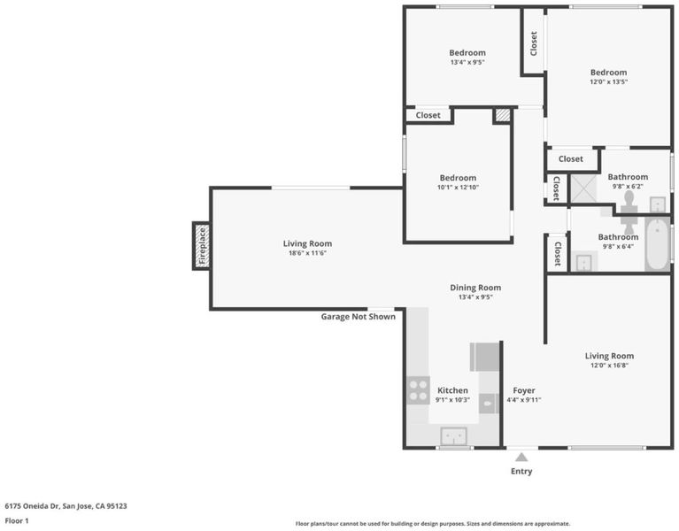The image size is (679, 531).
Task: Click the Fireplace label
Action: point(202,246)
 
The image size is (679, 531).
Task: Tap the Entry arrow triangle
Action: point(521,457)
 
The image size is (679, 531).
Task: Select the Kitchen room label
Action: point(452,390)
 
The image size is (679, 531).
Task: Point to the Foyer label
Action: point(524,390)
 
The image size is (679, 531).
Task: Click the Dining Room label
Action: point(475,288)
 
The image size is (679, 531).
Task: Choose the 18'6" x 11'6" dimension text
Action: point(307,253)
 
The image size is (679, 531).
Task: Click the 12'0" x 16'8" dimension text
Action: point(609,366)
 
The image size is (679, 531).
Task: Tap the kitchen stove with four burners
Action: point(419,390)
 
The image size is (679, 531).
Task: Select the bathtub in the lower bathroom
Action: point(658,244)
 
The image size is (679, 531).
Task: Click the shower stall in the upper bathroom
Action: point(583,189)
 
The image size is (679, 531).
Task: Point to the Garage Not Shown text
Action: point(359,316)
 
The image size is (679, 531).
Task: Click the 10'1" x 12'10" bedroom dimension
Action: point(459,188)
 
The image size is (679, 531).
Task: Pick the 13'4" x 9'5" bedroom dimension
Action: point(467,62)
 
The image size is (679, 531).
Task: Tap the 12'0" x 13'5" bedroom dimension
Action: point(609,81)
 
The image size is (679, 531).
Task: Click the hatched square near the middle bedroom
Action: point(502,115)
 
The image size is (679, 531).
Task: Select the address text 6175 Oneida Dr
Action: point(33,506)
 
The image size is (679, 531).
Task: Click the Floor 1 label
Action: point(17,520)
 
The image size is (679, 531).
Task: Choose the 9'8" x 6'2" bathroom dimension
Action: point(628,187)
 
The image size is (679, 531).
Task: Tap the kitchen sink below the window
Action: point(453,435)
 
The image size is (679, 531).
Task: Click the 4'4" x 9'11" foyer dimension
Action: point(524,400)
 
